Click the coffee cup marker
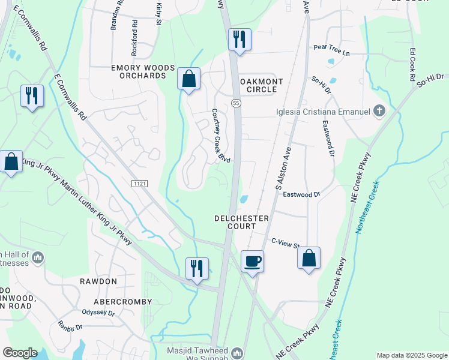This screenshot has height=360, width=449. point(252,262)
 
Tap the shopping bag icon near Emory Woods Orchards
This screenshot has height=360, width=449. point(188,79)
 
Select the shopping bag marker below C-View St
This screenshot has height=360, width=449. point(309,258)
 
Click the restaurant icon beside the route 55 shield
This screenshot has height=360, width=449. point(240,40)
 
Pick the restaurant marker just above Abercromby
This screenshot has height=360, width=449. point(197,269)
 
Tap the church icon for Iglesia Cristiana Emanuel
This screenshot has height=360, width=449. point(378,110)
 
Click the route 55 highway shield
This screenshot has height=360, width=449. point(237,103)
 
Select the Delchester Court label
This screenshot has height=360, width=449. point(241,223)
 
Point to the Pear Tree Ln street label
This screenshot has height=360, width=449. point(331,52)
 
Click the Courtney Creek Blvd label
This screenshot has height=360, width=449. point(220,136)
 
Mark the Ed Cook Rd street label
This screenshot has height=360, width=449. point(412,65)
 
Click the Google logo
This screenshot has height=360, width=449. point(20,353)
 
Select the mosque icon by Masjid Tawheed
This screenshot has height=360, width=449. point(237,352)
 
